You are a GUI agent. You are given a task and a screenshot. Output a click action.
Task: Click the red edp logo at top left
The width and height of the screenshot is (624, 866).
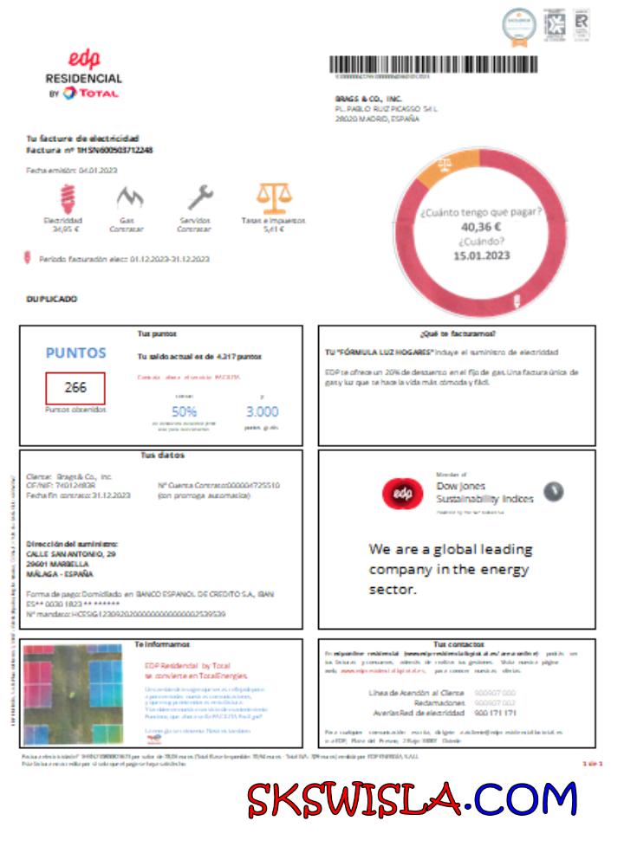pos(84,58)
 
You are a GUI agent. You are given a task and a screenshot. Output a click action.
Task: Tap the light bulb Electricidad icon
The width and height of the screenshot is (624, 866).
pos(66,198)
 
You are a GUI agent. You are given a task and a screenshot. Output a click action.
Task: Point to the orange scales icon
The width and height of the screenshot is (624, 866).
pos(274,197)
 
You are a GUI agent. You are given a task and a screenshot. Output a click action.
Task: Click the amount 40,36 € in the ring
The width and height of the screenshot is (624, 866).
pos(481,227)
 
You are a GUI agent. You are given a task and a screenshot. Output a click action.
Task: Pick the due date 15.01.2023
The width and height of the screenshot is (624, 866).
pos(481,255)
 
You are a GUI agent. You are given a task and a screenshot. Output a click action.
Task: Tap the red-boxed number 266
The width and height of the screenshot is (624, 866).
pos(75,388)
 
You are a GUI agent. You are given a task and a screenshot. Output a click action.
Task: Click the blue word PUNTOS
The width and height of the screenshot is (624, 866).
pos(75,353)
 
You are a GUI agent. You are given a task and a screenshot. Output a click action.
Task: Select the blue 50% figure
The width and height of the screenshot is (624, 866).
pos(185,411)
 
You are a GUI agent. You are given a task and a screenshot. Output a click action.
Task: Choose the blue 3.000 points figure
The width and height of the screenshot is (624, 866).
pos(262,411)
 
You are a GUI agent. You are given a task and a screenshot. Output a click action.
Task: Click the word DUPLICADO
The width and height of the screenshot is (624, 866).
pos(53,299)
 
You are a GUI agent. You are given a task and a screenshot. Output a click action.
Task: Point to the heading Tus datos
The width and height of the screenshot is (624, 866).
pos(162,456)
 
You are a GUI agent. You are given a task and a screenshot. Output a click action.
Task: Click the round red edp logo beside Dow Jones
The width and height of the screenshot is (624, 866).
pos(402,494)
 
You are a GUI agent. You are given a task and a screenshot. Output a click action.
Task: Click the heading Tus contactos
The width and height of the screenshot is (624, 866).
pos(457,644)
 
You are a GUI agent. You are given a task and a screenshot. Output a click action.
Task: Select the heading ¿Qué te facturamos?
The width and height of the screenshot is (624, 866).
pos(457,333)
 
